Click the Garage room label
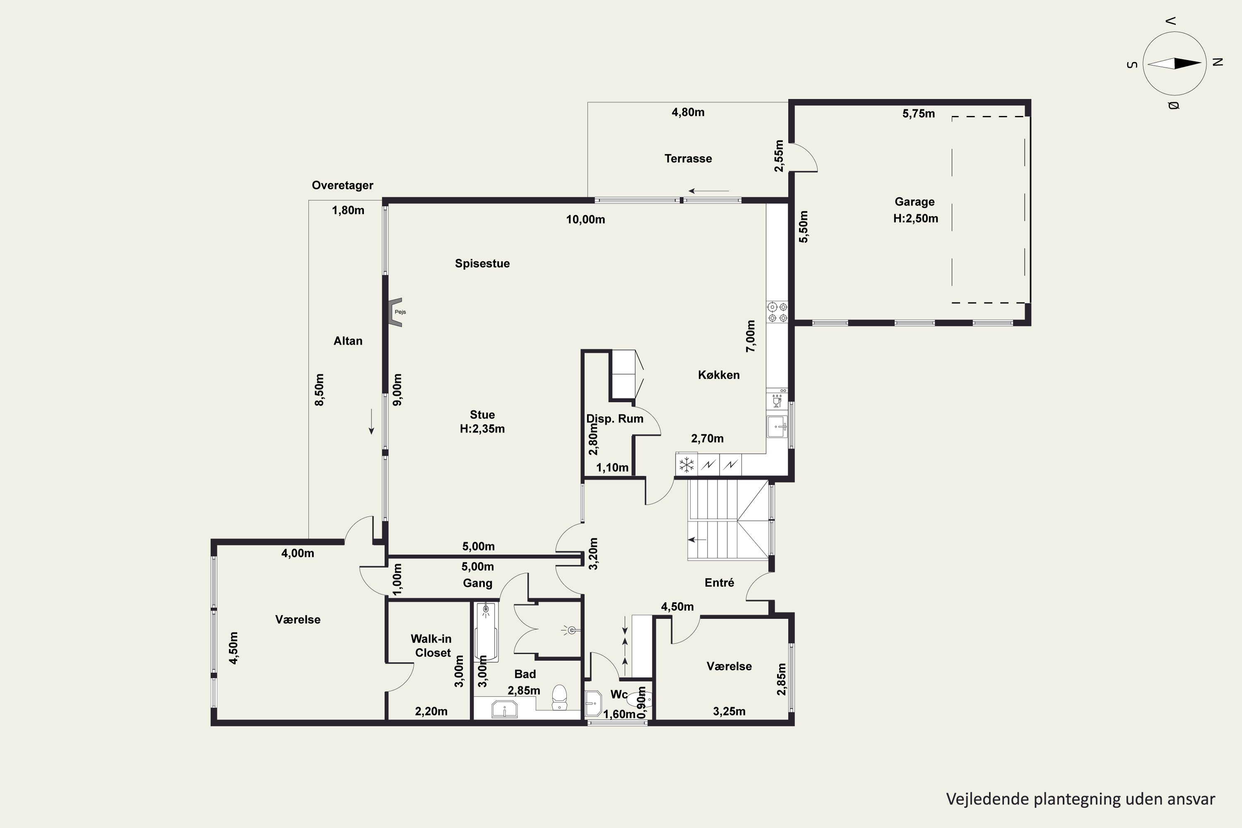pyautogui.click(x=915, y=202)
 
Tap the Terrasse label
pyautogui.click(x=688, y=159)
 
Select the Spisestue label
pyautogui.click(x=482, y=263)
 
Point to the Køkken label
pyautogui.click(x=719, y=375)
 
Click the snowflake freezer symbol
pyautogui.click(x=686, y=465)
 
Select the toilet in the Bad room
pyautogui.click(x=559, y=698)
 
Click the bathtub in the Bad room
pyautogui.click(x=486, y=632)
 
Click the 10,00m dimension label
pyautogui.click(x=586, y=220)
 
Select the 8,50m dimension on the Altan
pyautogui.click(x=320, y=390)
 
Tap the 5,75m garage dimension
pyautogui.click(x=918, y=113)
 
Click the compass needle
pyautogui.click(x=1175, y=64)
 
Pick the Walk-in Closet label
pyautogui.click(x=431, y=646)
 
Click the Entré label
pyautogui.click(x=719, y=582)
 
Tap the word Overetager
pyautogui.click(x=342, y=185)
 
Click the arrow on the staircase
pyautogui.click(x=697, y=540)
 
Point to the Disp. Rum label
pyautogui.click(x=615, y=419)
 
